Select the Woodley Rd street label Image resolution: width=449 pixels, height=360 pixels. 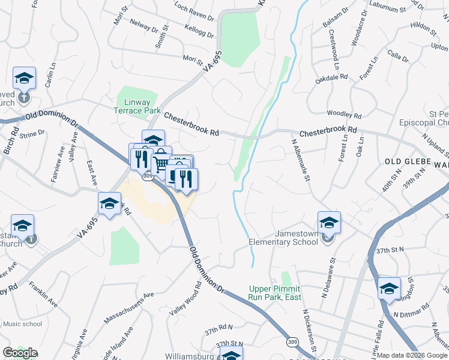[345, 115]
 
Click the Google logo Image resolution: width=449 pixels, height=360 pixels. [20, 353]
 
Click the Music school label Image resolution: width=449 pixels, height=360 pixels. [23, 324]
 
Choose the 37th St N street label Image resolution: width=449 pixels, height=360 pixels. [387, 250]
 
